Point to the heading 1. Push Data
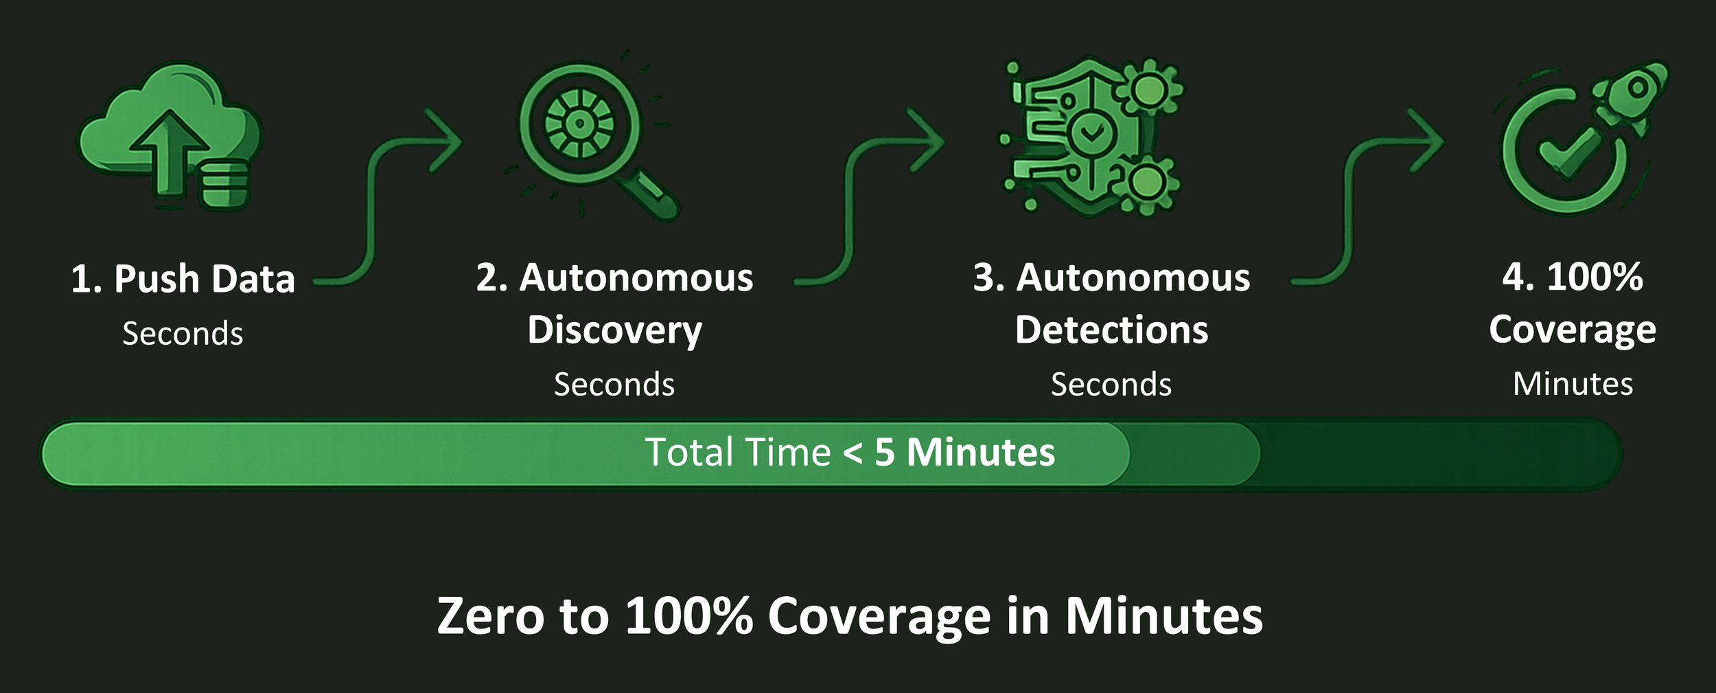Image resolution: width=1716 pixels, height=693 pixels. [183, 279]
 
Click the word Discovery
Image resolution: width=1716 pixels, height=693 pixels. [614, 330]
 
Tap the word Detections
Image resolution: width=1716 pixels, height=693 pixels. [1111, 330]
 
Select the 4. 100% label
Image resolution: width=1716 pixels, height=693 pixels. [1573, 277]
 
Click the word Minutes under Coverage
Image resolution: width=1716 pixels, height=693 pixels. [1573, 384]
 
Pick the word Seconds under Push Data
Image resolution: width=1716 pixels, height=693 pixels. [183, 334]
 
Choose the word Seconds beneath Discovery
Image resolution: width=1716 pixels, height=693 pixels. [614, 384]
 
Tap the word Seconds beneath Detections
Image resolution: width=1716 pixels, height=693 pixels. [1111, 384]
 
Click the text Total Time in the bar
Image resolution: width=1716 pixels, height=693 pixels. [738, 453]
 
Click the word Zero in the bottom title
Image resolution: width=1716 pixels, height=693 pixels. [488, 615]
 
